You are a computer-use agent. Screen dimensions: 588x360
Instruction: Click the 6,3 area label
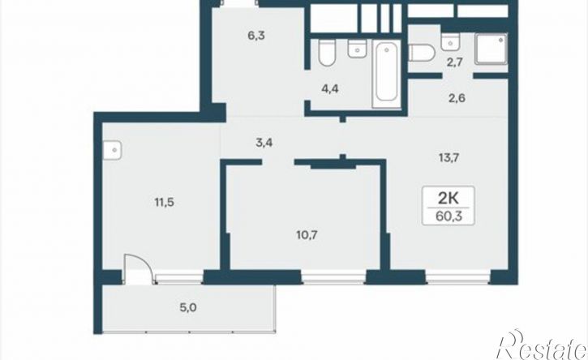pos(256,36)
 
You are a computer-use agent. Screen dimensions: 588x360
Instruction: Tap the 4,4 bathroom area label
pos(330,89)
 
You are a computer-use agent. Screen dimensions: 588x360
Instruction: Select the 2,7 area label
pos(454,62)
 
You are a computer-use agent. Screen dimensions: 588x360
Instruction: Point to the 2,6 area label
pos(457,98)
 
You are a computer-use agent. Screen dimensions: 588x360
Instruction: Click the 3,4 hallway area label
pos(264,143)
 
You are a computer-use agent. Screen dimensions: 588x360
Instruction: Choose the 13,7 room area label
pos(449,158)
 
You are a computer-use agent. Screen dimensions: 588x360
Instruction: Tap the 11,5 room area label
pos(165,203)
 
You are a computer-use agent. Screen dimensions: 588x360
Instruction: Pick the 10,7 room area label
pos(307,235)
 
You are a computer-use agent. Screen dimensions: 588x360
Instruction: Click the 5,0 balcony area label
pos(188,308)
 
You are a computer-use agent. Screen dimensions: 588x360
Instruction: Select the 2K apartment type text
pos(449,198)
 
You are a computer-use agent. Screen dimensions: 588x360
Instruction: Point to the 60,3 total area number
pos(449,216)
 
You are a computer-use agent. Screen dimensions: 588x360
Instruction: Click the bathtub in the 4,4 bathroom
pos(387,75)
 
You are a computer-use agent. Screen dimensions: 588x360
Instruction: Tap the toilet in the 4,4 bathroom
pos(326,53)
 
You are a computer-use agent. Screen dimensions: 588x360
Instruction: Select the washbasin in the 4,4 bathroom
pos(357,49)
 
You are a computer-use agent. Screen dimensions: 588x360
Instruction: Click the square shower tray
pos(491,49)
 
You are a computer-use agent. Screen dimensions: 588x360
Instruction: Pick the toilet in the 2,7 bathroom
pos(422,53)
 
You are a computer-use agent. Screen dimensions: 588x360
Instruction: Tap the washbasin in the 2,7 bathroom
pos(451,41)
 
